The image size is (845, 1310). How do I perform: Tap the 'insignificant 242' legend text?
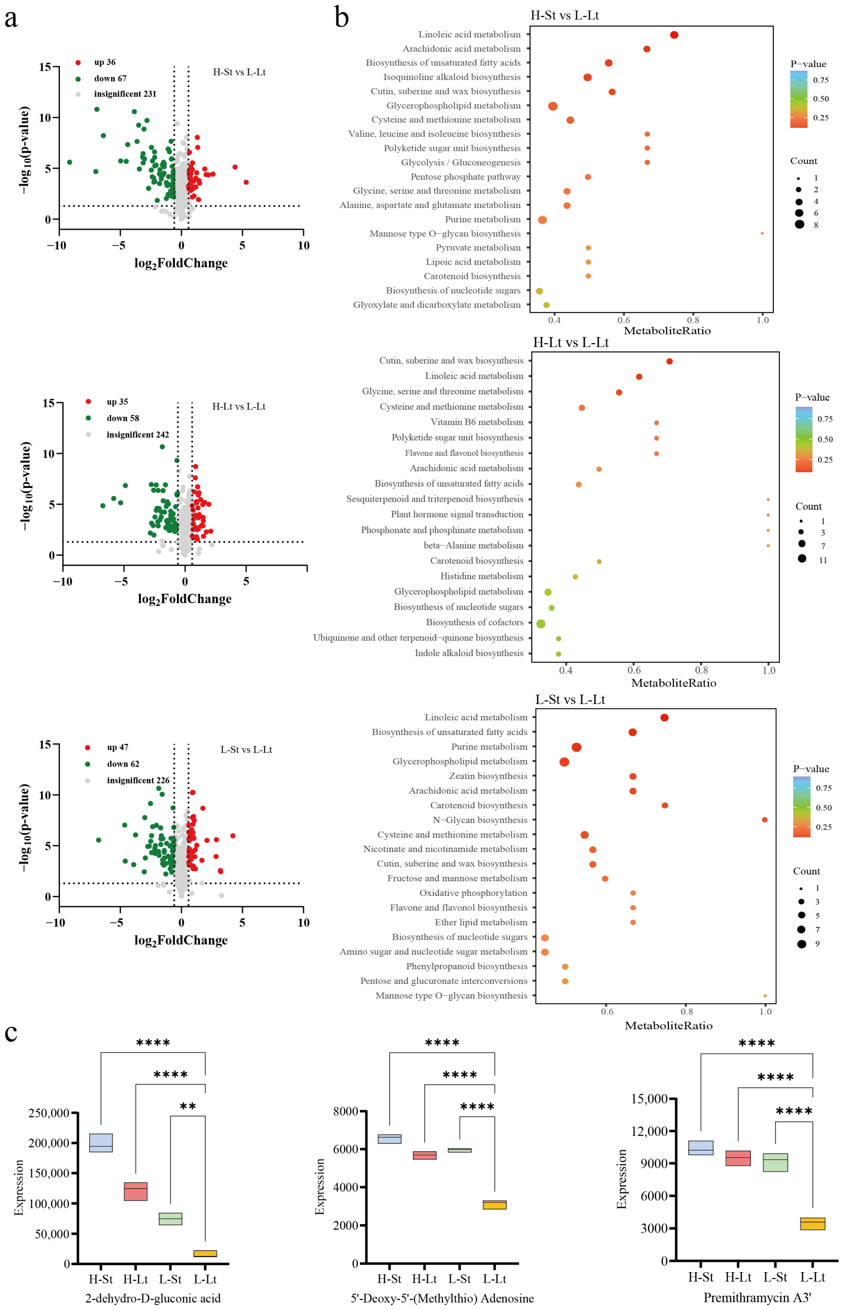(138, 434)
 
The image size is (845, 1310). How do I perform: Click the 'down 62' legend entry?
(123, 764)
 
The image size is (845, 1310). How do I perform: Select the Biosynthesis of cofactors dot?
(541, 624)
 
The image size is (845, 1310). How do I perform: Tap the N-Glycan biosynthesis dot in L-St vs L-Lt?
(764, 820)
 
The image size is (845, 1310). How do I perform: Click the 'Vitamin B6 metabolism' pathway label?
(477, 422)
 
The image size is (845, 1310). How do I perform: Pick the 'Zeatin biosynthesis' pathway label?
(488, 776)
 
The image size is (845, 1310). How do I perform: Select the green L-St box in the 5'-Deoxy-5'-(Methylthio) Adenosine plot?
(459, 1150)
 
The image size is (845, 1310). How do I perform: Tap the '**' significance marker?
(188, 1106)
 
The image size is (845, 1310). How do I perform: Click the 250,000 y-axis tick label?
(49, 1113)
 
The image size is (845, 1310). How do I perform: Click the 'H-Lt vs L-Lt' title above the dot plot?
(571, 343)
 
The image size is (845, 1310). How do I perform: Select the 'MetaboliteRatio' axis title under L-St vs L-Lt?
(668, 1025)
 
